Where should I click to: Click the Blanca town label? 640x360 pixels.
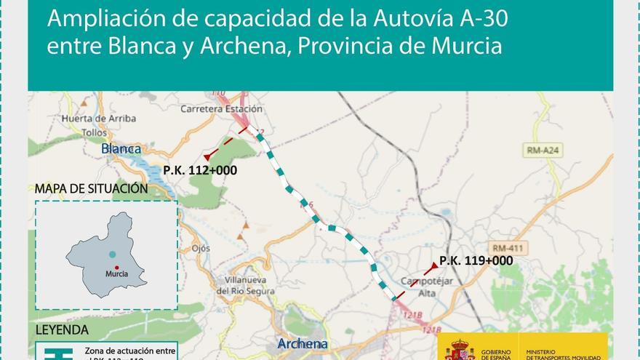pos(121,149)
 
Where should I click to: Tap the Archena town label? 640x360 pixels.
pos(302,343)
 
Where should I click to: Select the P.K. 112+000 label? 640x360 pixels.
pos(200,170)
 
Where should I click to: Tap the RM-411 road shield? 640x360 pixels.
pos(507,248)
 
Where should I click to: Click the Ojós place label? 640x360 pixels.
pos(201,248)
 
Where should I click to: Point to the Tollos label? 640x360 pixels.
pos(95,132)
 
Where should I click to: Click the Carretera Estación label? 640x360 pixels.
pos(220,108)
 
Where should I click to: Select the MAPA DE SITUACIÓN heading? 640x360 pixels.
pos(91,188)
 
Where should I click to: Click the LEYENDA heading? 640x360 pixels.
pos(62,329)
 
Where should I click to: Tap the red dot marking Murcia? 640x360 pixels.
pos(116,268)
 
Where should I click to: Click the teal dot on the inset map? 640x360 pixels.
pos(112,255)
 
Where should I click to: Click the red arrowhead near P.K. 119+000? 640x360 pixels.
pos(435,265)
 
